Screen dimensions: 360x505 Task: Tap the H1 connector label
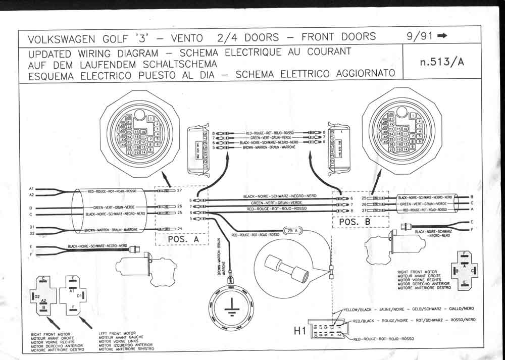click(301, 331)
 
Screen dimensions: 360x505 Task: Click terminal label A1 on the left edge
click(31, 188)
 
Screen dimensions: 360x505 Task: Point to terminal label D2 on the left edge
click(31, 234)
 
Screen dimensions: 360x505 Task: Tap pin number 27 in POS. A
click(179, 191)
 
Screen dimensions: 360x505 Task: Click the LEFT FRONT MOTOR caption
click(118, 334)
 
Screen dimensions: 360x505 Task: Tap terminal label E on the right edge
click(471, 222)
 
